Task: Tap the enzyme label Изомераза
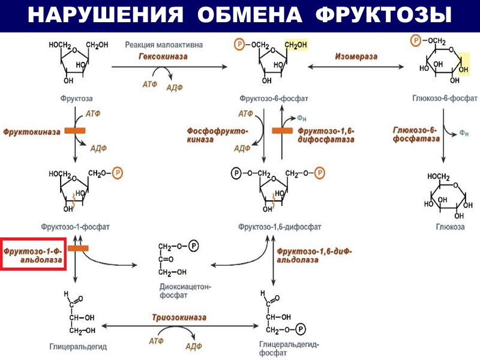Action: (x=356, y=56)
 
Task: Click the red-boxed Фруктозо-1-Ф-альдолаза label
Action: (x=33, y=254)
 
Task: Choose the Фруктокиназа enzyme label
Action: (x=32, y=130)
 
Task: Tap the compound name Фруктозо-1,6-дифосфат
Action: (x=280, y=227)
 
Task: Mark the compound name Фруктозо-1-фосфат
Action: (x=75, y=227)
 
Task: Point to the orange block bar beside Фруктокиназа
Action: (x=74, y=130)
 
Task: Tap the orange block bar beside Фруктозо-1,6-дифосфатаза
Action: (x=282, y=130)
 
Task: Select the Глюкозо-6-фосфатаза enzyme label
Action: (x=414, y=134)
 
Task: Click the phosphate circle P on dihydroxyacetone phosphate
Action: (x=193, y=246)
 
